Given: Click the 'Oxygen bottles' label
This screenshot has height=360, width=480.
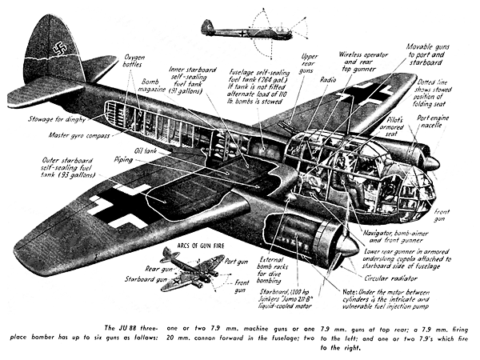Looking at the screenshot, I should [134, 61].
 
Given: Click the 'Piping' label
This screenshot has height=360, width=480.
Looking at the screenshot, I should [123, 159].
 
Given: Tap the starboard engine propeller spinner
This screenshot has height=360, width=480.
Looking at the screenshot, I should [347, 246].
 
